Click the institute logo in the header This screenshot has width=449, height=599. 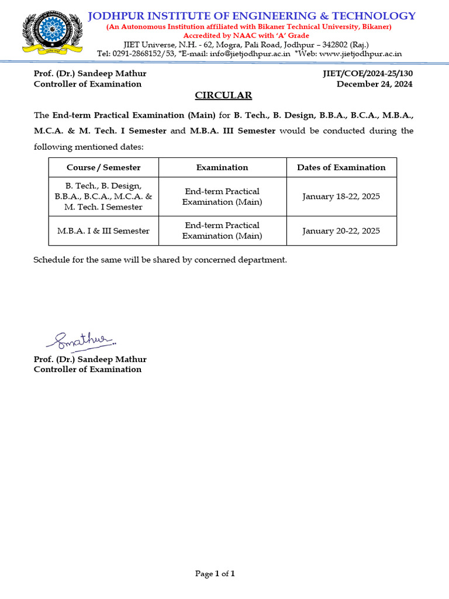52,33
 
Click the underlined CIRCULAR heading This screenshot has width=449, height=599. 223,95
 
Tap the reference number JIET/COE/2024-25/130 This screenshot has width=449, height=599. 367,74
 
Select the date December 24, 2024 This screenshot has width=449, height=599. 374,84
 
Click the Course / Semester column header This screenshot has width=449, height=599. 103,168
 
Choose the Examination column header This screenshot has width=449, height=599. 222,168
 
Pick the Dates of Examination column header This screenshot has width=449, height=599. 341,168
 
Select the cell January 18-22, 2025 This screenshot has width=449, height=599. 341,197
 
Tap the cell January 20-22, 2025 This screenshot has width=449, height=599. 341,230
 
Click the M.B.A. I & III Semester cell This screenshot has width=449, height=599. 103,230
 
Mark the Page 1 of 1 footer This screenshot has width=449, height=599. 215,574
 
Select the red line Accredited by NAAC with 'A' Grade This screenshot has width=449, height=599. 246,36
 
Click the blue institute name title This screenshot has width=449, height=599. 251,16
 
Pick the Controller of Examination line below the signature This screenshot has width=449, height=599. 88,370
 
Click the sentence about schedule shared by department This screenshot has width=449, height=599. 160,260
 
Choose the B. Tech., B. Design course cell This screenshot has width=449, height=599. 103,197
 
